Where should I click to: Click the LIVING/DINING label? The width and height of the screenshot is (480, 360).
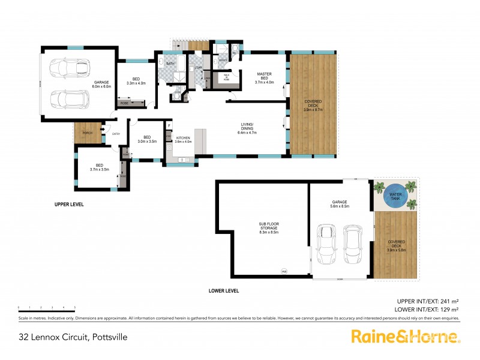[x=248, y=127]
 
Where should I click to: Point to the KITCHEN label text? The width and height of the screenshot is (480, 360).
[x=182, y=138]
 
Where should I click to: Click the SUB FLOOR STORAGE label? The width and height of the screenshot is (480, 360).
[x=269, y=227]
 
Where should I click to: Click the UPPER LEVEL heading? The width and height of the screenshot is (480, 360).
[x=69, y=205]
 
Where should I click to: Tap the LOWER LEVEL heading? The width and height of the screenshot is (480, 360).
[x=224, y=291]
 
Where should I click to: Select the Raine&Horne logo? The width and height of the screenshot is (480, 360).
[x=406, y=337]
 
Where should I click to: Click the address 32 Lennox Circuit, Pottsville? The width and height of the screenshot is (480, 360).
[x=73, y=337]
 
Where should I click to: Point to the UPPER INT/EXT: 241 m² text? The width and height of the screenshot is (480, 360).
[x=428, y=301]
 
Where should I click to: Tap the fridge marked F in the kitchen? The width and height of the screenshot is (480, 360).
[x=170, y=126]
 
